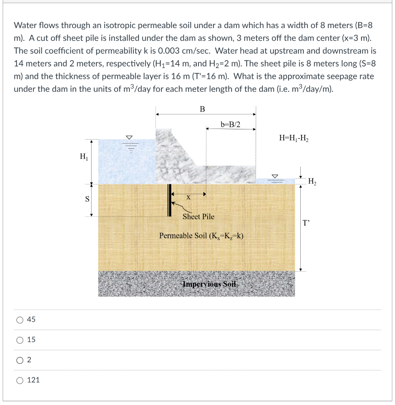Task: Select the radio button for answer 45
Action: point(20,320)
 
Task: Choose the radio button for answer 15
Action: point(20,340)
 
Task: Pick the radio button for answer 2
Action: point(20,360)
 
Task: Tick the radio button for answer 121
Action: point(20,380)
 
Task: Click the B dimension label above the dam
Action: point(202,109)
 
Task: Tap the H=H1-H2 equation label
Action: point(294,138)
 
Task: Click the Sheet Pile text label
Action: point(198,217)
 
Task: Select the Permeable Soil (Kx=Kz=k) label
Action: point(201,236)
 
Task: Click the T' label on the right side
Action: point(307,222)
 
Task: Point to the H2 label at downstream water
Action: point(312,182)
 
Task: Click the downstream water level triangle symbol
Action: point(275,175)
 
